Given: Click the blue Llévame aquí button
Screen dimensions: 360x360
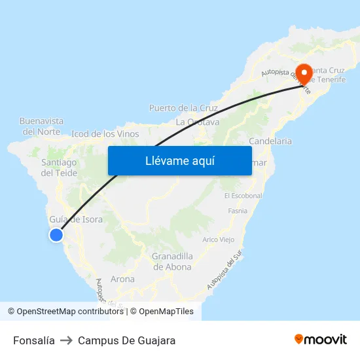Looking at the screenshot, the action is pos(179,160).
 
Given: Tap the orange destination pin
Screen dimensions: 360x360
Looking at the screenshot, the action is pos(304,74).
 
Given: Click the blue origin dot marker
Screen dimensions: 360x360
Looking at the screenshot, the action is pos(56,234).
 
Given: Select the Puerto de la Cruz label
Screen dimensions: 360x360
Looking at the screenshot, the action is pos(183,107).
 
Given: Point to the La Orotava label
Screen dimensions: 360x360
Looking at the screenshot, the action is pos(198,122).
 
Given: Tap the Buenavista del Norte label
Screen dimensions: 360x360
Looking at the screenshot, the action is pos(41,126).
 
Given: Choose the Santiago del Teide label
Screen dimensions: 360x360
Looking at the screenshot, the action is pos(59,168).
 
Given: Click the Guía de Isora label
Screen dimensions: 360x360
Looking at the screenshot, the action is pos(76,219).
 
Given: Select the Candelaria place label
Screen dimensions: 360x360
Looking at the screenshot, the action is pos(270,141).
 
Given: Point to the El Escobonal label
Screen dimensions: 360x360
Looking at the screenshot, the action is pos(243,196).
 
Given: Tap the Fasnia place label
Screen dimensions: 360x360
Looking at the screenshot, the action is pos(238,211).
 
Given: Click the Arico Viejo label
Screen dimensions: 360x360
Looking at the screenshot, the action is pos(219,240).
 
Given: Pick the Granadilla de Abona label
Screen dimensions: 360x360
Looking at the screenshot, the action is pos(172,261).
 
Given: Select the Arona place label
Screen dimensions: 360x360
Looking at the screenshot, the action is pos(122,279).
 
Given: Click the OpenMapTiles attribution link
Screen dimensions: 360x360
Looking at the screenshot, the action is pos(165,312).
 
